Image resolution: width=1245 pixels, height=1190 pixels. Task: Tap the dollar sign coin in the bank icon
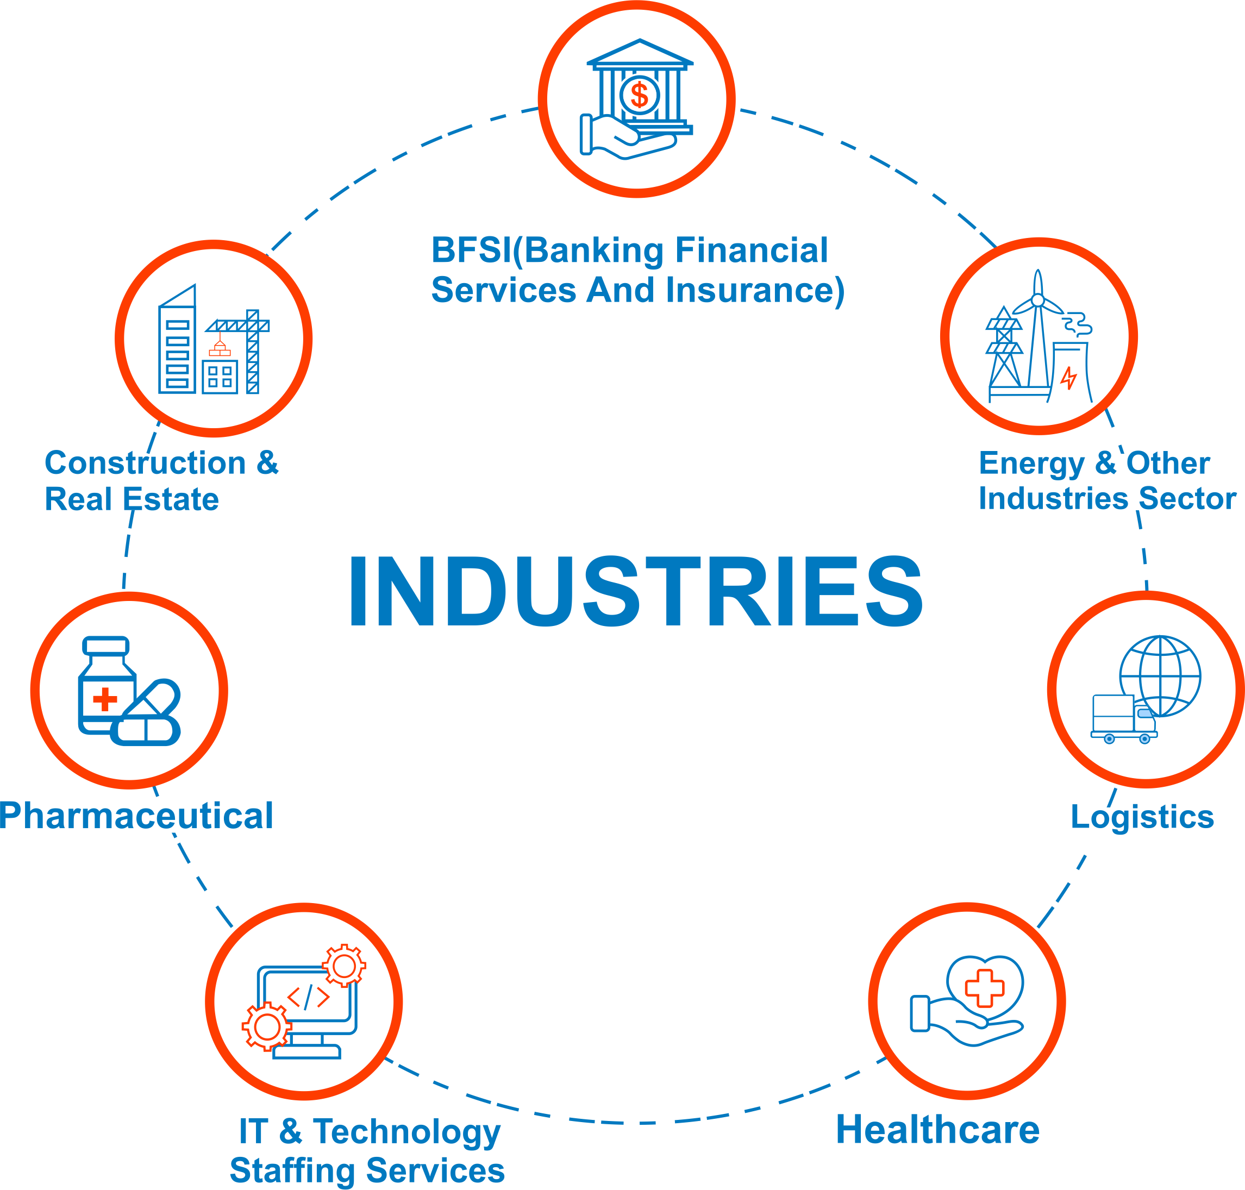pyautogui.click(x=639, y=96)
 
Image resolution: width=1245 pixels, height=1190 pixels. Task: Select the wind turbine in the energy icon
pyautogui.click(x=1037, y=330)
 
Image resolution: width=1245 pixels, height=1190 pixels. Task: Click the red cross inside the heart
pyautogui.click(x=984, y=988)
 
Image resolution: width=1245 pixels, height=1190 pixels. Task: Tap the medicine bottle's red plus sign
pyautogui.click(x=105, y=700)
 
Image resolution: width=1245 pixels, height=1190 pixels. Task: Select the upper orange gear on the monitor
pyautogui.click(x=345, y=966)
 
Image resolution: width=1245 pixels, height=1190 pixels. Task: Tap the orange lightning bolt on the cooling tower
pyautogui.click(x=1069, y=379)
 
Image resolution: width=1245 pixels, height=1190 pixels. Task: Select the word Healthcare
pyautogui.click(x=937, y=1130)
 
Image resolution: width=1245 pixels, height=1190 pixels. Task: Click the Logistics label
pyautogui.click(x=1142, y=817)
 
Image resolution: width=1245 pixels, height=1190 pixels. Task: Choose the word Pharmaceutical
pyautogui.click(x=136, y=816)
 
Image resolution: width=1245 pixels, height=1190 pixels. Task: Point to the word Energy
pyautogui.click(x=1031, y=464)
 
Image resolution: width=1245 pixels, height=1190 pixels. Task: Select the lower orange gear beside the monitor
pyautogui.click(x=266, y=1026)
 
